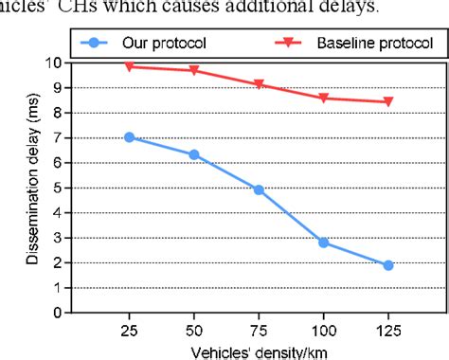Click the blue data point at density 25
(x=130, y=137)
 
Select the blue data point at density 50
(x=194, y=154)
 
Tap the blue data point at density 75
(x=259, y=190)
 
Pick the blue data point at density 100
(x=324, y=243)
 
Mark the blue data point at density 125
(x=388, y=265)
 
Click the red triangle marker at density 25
(x=130, y=66)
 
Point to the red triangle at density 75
(x=259, y=84)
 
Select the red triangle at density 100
(x=324, y=98)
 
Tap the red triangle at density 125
(x=388, y=101)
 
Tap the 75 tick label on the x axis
(x=259, y=328)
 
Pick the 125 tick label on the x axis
(x=388, y=328)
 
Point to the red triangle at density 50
(x=194, y=71)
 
